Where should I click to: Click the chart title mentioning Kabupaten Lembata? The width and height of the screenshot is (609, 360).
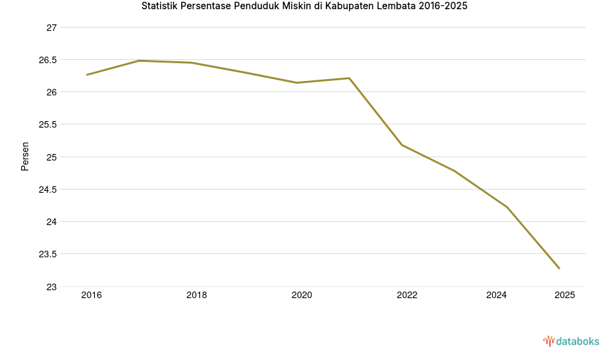(x=304, y=7)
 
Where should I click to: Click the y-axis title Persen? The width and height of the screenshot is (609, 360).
(x=25, y=156)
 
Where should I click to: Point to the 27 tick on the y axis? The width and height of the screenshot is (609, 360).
(x=51, y=28)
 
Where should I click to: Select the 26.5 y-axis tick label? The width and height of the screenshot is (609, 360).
(x=47, y=60)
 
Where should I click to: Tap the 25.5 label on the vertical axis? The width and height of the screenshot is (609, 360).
(x=47, y=124)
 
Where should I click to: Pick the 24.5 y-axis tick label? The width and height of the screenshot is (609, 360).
(x=47, y=190)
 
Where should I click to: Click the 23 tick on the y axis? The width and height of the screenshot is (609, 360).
(x=51, y=287)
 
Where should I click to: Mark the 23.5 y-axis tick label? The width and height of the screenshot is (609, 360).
(x=47, y=254)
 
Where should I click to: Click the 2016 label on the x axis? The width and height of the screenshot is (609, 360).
(x=92, y=296)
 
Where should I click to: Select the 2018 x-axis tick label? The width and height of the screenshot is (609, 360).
(x=196, y=296)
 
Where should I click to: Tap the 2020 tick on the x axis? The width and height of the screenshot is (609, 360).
(x=302, y=296)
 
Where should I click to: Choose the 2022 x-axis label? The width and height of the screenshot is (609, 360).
(x=407, y=296)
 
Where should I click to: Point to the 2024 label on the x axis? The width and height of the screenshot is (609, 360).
(x=496, y=296)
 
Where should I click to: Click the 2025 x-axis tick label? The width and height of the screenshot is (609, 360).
(x=564, y=296)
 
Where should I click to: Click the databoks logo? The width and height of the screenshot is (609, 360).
(x=571, y=341)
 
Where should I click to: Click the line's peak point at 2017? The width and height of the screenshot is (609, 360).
(x=139, y=61)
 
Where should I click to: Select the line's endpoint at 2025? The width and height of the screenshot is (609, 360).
(x=560, y=269)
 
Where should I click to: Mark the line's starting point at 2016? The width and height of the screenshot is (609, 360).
(x=87, y=75)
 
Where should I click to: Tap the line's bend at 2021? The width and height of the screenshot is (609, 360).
(x=350, y=78)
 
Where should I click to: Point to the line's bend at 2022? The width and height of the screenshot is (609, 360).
(x=402, y=145)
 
